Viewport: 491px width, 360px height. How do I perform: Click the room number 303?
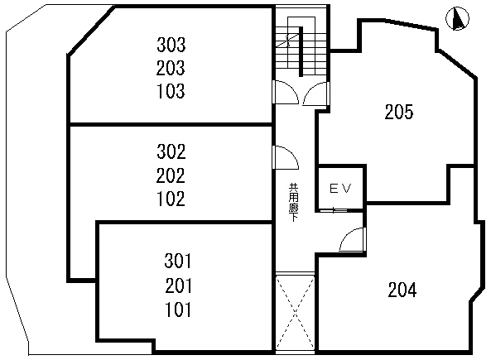171,45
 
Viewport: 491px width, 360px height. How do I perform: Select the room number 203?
171,68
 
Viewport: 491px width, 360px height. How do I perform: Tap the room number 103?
171,91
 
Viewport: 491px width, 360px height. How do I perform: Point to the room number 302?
171,151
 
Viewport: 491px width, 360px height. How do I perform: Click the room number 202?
171,175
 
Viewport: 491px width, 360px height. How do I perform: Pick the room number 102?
171,199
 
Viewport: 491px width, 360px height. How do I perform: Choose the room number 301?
178,261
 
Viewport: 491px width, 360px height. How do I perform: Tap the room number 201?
178,286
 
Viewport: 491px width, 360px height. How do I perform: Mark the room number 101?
178,310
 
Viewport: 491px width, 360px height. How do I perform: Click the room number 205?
399,112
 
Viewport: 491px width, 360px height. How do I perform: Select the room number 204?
402,290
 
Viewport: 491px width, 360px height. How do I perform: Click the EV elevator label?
340,188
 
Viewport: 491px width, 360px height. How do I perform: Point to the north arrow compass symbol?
458,19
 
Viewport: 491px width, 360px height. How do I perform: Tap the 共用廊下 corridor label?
293,202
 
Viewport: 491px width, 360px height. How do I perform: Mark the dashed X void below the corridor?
295,311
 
